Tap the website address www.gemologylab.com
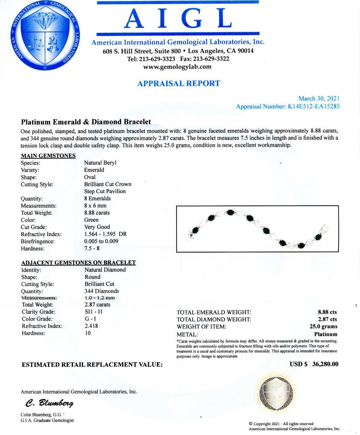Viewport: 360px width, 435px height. (177, 67)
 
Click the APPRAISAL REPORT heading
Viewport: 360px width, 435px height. (179, 84)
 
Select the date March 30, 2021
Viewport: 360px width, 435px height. (318, 99)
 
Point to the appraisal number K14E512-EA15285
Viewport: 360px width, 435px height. (310, 107)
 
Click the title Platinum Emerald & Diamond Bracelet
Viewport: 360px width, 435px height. (86, 122)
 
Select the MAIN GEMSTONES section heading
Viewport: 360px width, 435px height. (48, 156)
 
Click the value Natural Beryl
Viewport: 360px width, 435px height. (100, 163)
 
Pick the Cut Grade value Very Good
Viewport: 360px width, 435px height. (97, 227)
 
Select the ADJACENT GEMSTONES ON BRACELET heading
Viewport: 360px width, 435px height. (78, 263)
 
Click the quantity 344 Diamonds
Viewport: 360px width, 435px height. (102, 291)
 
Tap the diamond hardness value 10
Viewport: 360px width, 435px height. (87, 333)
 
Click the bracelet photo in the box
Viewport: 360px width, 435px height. (257, 229)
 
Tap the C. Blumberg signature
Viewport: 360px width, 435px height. (50, 403)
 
